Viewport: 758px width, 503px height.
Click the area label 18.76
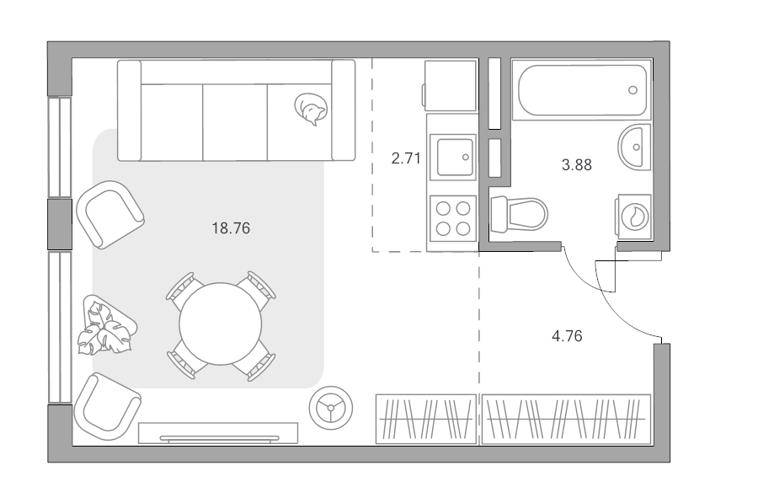(231, 227)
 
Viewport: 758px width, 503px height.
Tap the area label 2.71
(406, 158)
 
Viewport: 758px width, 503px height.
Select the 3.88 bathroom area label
(577, 165)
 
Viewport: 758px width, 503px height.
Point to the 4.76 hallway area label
(567, 335)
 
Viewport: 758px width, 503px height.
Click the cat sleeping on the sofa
(311, 109)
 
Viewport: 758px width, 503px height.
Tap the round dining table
(221, 324)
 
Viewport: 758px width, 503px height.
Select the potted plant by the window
(106, 325)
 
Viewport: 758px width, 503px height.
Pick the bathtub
(582, 90)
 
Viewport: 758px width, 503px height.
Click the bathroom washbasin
(635, 147)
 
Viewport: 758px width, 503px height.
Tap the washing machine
(633, 217)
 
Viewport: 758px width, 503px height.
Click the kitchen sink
(453, 158)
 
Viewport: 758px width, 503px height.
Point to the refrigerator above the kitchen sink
(449, 86)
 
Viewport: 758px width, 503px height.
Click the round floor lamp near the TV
(331, 408)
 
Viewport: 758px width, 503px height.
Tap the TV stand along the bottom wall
(218, 433)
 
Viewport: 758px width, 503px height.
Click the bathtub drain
(633, 90)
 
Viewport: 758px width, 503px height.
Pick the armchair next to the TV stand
(107, 406)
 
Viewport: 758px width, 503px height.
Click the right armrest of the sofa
(344, 110)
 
